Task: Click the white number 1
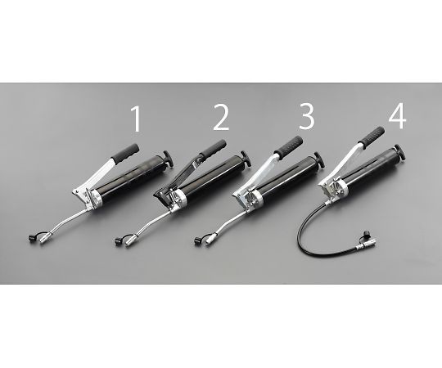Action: pos(136,119)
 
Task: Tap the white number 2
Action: pos(221,119)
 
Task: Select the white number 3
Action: pos(307,117)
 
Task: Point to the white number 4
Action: pos(397,116)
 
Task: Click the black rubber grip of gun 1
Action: pos(125,154)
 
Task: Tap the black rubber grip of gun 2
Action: pos(213,148)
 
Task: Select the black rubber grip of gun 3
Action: pos(289,146)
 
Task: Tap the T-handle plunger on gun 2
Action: pos(246,159)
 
